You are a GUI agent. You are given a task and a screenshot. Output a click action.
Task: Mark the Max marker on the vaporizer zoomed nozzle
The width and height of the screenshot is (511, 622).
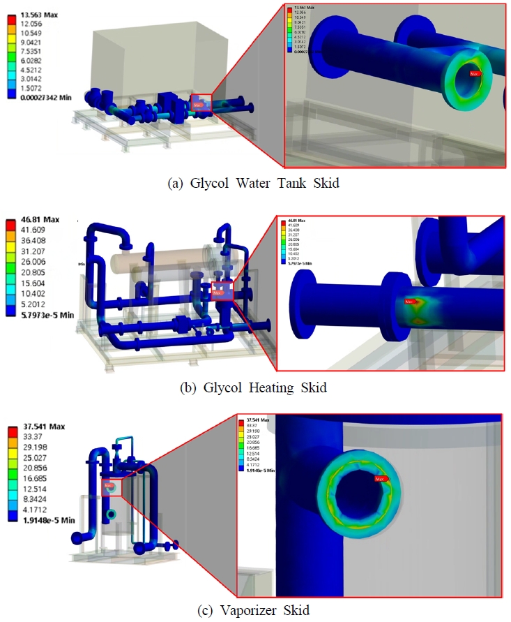379,479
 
